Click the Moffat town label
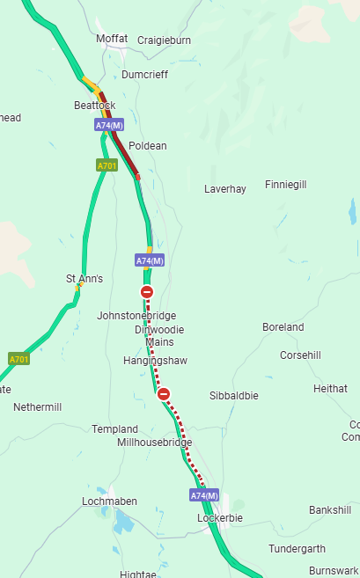(x=112, y=40)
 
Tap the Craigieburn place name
(x=162, y=40)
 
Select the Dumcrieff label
(x=145, y=75)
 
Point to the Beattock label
(x=95, y=105)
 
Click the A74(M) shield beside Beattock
(x=109, y=126)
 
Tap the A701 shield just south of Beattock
(x=107, y=165)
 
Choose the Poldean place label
(x=147, y=145)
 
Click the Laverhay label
(x=225, y=188)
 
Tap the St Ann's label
(x=84, y=279)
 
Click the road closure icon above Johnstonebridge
(x=147, y=292)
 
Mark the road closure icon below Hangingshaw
(x=164, y=394)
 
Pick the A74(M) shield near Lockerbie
(x=204, y=495)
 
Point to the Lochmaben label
(x=109, y=501)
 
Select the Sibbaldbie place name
(x=234, y=396)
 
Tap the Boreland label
(x=283, y=327)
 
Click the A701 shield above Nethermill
(x=18, y=359)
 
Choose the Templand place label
(x=115, y=428)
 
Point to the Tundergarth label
(x=297, y=548)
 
